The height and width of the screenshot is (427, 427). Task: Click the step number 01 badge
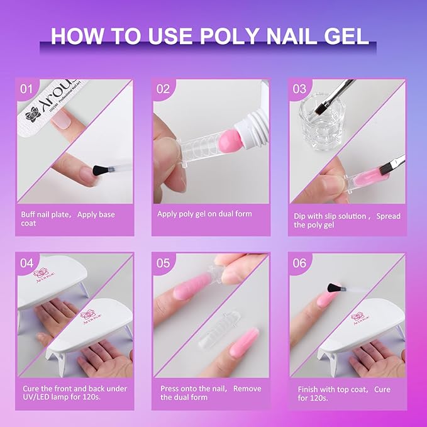tap(26, 89)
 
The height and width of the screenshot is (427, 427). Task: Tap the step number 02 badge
tap(163, 89)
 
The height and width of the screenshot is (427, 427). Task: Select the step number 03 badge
tap(299, 89)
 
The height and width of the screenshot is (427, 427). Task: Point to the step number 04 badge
tap(26, 263)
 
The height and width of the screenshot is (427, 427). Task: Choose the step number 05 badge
tap(163, 263)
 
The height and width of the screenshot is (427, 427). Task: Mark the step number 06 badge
tap(299, 263)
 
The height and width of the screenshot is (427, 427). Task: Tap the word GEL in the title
tap(345, 35)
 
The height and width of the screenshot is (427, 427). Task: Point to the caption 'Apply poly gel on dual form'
tap(204, 214)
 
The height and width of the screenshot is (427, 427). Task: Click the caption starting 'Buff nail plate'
tap(68, 219)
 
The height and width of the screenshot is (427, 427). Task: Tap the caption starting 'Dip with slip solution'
tap(347, 220)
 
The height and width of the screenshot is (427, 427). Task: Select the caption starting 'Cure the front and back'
tap(74, 393)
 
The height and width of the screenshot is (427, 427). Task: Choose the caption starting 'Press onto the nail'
tap(211, 393)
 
